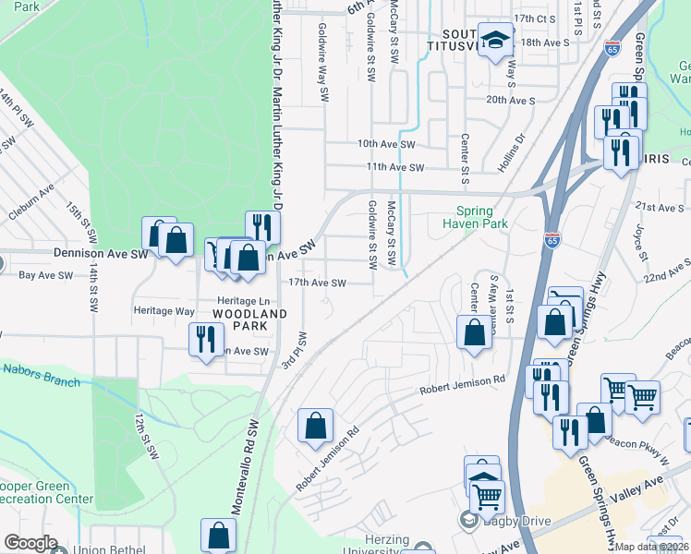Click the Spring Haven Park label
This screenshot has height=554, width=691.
pos(475,217)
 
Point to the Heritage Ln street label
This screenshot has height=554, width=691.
pos(244,301)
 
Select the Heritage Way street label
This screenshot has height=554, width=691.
pos(164,311)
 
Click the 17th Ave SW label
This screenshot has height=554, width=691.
pos(317,283)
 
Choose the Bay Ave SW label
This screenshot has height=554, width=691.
pos(46,275)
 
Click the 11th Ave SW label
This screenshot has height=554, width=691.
pos(394,168)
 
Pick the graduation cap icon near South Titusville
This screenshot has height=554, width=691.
pos(495,41)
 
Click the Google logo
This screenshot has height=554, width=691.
pos(30,543)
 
